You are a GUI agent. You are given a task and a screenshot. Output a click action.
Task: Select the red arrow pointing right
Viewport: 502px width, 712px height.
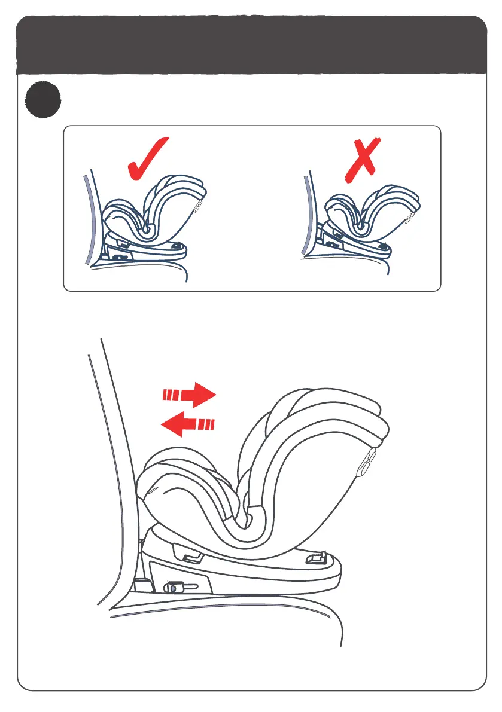coord(190,395)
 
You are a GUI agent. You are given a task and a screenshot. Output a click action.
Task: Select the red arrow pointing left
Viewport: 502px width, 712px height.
coord(187,425)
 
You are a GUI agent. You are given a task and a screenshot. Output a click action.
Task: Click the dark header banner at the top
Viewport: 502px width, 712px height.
coord(251,45)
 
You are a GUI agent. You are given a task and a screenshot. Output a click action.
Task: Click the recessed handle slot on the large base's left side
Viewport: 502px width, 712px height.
coord(191,558)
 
